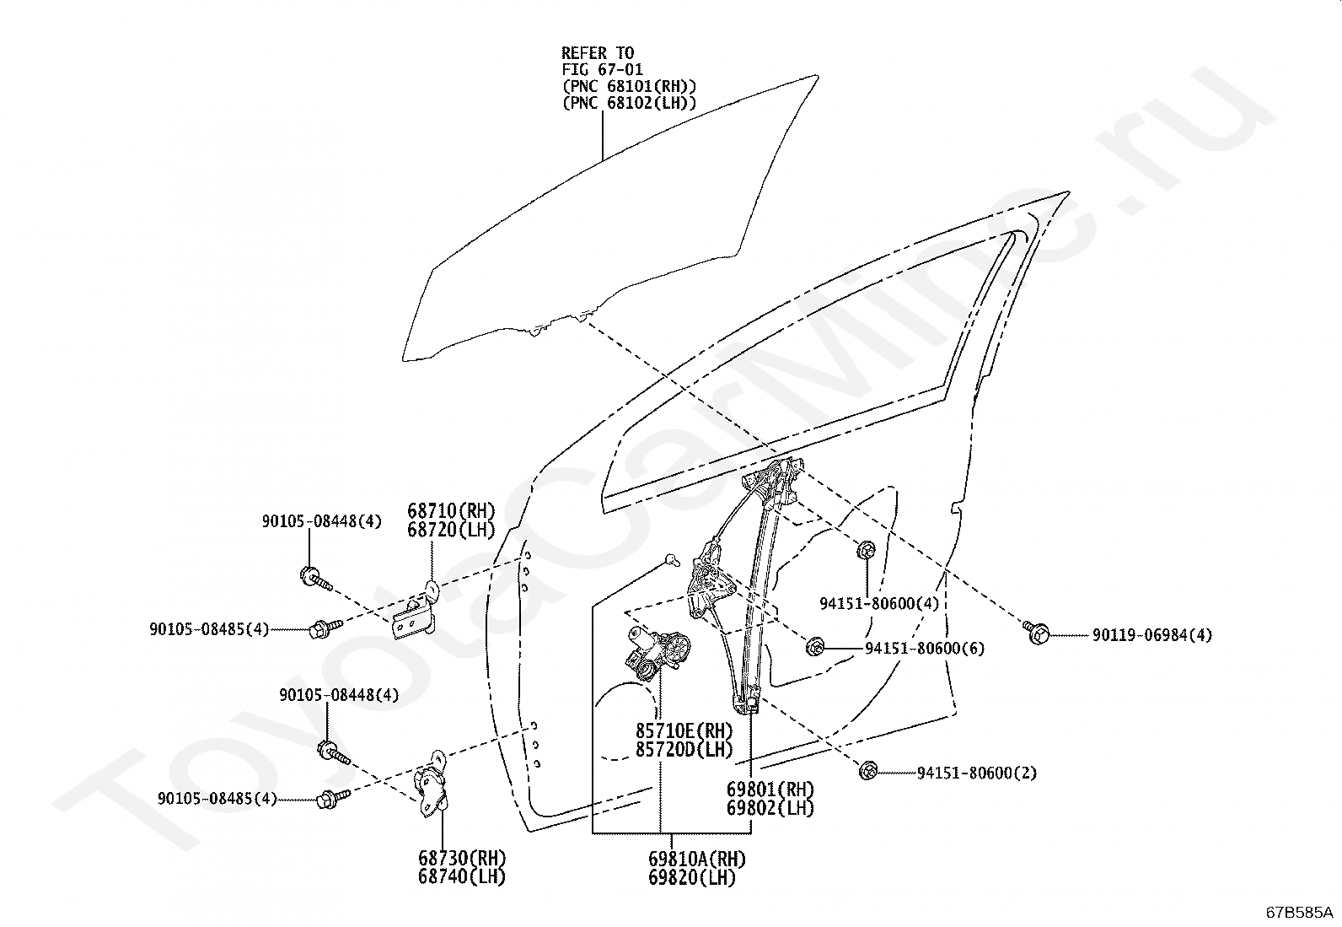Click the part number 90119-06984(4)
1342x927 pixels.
pos(1152,635)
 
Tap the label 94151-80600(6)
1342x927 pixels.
pos(925,648)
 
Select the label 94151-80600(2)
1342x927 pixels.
pos(976,773)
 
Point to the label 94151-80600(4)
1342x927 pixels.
pos(879,603)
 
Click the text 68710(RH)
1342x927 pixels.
pos(452,511)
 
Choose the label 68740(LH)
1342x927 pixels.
pos(462,876)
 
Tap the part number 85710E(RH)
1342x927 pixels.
pos(684,730)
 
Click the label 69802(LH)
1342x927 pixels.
pos(770,808)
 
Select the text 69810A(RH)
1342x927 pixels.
pos(697,860)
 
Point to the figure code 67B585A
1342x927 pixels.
pos(1297,912)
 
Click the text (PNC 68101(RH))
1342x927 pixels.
pos(629,86)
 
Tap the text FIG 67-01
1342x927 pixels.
pos(602,69)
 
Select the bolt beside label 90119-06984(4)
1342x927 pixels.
pos(1036,633)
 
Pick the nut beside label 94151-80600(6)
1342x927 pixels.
pos(814,647)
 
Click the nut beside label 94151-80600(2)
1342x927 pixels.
pos(867,770)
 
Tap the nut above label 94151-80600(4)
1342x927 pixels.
pos(867,549)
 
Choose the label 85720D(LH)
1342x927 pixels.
pos(684,749)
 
